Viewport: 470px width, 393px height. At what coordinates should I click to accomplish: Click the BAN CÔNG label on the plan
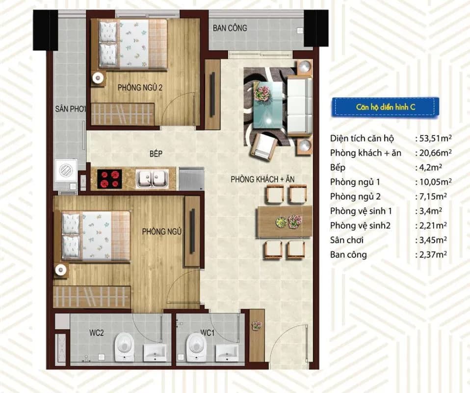(x=230, y=28)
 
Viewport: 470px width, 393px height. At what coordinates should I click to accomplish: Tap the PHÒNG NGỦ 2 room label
(x=140, y=87)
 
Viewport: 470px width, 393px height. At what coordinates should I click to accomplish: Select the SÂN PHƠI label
(x=71, y=109)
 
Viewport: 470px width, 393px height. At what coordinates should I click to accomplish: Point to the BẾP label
(x=156, y=153)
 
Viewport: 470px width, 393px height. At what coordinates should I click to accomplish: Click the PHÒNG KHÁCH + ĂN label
(x=262, y=179)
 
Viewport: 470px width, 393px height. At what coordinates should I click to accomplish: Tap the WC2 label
(x=97, y=333)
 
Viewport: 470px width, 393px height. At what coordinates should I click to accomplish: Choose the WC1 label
(x=208, y=333)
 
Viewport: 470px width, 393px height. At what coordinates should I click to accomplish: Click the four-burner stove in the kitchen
(x=110, y=179)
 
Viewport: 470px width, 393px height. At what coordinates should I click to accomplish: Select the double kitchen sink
(x=152, y=179)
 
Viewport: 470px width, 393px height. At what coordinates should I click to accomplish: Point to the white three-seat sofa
(x=299, y=105)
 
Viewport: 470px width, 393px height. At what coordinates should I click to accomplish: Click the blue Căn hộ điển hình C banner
(x=385, y=107)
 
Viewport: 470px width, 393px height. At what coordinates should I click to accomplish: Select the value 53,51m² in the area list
(x=434, y=138)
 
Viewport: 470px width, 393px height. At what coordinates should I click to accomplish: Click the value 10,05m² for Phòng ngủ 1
(x=434, y=182)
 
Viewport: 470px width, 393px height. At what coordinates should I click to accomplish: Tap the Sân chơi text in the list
(x=347, y=240)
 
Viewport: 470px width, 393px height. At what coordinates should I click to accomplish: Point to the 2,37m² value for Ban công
(x=431, y=254)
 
